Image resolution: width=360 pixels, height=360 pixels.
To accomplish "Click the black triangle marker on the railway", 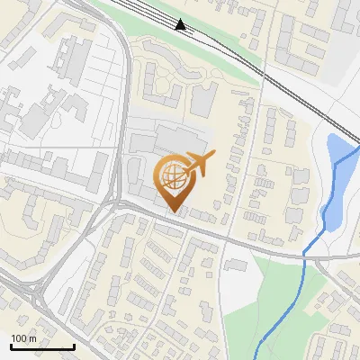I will [182, 24].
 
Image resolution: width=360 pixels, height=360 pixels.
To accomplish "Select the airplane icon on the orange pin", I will [199, 164].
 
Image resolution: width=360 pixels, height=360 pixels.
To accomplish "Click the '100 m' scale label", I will [23, 338].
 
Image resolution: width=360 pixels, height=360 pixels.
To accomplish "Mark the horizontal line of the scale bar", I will [41, 346].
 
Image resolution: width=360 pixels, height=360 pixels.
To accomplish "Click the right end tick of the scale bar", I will [74, 345].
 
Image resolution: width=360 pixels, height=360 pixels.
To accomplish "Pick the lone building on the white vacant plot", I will [235, 265].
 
